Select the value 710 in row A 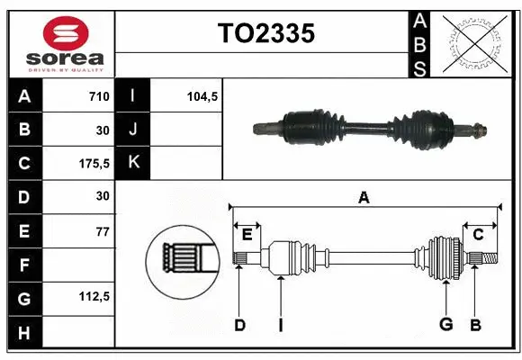98,96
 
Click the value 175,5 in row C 94,164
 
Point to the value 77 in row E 102,231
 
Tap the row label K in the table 133,163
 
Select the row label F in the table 24,265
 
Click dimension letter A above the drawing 364,198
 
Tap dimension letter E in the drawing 247,234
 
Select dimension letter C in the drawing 479,234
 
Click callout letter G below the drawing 445,325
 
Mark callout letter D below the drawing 239,325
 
